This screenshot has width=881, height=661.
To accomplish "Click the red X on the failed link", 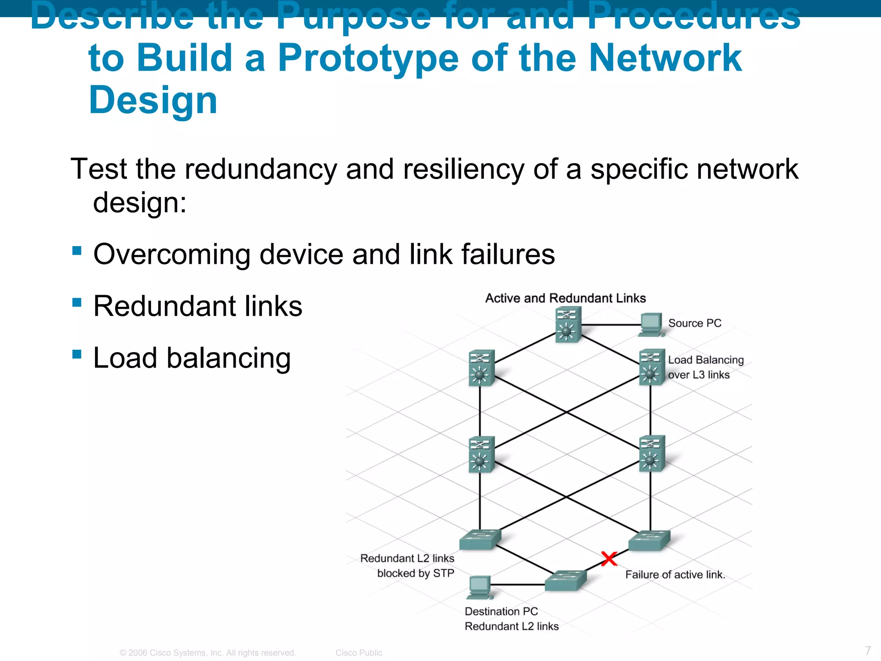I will (x=609, y=559).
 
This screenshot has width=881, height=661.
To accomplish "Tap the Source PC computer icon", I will (x=651, y=324).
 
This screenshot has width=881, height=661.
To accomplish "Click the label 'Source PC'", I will (x=694, y=323).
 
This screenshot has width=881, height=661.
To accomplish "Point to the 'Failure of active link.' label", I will (x=675, y=575).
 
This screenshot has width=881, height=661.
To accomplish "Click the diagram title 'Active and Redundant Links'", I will (x=565, y=298).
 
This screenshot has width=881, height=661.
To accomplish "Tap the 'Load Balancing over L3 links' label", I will (x=705, y=367).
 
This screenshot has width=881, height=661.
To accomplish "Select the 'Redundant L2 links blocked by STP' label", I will (x=407, y=565).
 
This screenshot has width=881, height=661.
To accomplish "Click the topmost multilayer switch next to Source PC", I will (x=568, y=324).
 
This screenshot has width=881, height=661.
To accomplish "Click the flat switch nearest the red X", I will (x=649, y=541).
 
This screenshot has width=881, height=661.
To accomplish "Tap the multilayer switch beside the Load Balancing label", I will (x=652, y=367).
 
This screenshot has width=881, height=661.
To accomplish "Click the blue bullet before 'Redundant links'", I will (x=77, y=302).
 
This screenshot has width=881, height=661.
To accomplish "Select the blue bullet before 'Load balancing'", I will (x=77, y=354).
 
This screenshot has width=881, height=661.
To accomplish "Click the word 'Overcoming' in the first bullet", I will (x=172, y=254).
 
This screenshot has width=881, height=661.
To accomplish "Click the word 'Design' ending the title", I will (x=153, y=100).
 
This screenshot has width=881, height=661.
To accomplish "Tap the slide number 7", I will (x=868, y=650).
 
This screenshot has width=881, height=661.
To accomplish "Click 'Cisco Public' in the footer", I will (x=359, y=652).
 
